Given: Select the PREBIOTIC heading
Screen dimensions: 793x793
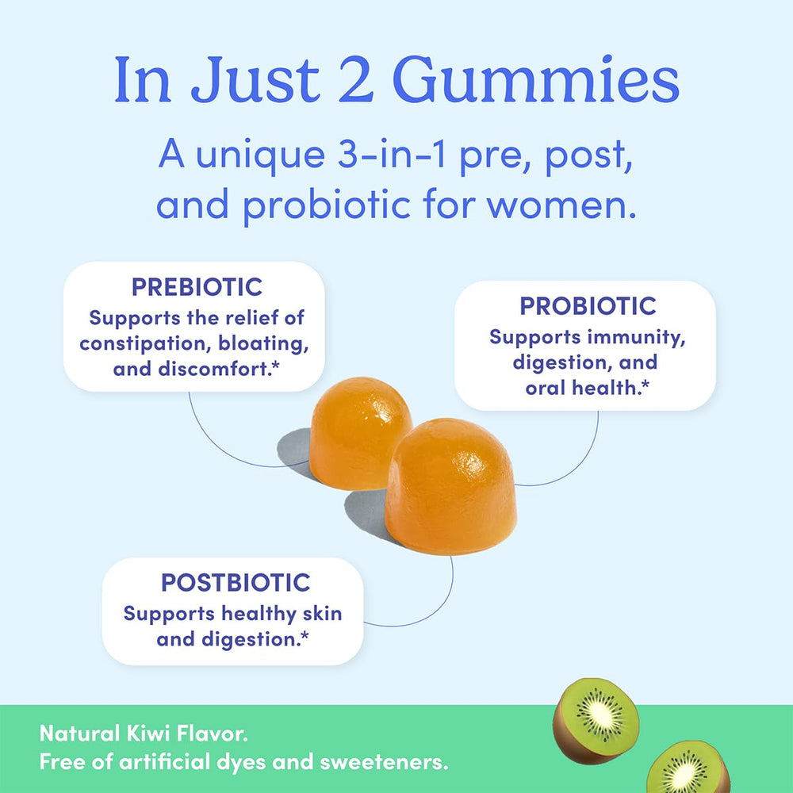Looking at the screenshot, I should [x=197, y=286].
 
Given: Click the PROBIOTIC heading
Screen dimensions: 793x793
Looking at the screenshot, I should [x=588, y=305].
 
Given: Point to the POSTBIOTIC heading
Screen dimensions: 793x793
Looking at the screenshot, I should [x=235, y=583].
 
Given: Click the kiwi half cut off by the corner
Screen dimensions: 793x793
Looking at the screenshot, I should [x=689, y=769].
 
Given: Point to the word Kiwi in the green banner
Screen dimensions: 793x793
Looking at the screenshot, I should [x=163, y=733].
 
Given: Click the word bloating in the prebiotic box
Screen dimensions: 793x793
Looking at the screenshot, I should [x=266, y=344].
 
